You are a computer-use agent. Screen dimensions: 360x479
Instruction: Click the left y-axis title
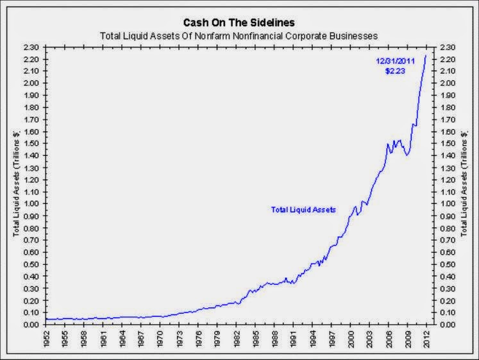(x=17, y=183)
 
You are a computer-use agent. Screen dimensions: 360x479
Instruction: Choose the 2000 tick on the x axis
(x=351, y=340)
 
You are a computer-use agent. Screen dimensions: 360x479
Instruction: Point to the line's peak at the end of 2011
(x=426, y=56)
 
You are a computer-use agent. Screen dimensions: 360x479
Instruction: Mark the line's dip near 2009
(x=407, y=155)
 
